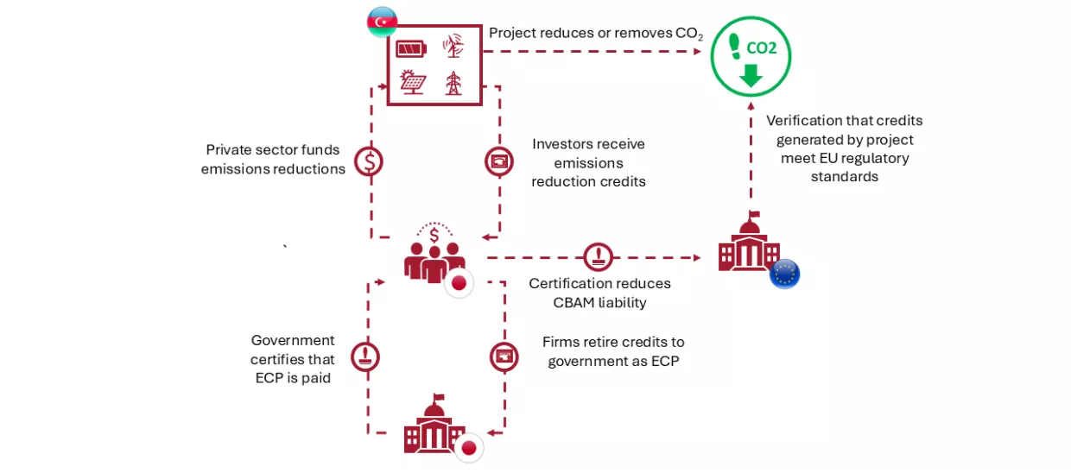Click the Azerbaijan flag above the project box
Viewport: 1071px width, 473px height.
(x=382, y=22)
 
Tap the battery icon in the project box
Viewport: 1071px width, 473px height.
(x=411, y=48)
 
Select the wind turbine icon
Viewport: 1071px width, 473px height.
(x=453, y=46)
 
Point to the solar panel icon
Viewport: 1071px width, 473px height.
(x=412, y=83)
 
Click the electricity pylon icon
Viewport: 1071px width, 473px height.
(x=453, y=83)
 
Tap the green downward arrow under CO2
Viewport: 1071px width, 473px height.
(x=751, y=76)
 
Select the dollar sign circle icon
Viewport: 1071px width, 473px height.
(x=370, y=161)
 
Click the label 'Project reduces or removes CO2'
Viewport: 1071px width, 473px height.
(x=595, y=34)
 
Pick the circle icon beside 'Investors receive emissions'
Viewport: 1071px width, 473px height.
(x=499, y=161)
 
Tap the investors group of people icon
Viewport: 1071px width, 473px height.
(x=434, y=255)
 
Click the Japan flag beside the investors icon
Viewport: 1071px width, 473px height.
(x=459, y=283)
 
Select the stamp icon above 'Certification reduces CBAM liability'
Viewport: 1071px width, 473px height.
(x=599, y=256)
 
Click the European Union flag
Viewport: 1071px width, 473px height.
(x=784, y=274)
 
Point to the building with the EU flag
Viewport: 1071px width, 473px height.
(x=748, y=245)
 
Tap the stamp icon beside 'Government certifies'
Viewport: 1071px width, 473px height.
(x=365, y=356)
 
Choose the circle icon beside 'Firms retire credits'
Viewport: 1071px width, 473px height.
(x=504, y=356)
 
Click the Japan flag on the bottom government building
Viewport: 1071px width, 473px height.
(x=469, y=447)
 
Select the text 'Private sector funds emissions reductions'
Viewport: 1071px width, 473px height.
(x=273, y=160)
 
